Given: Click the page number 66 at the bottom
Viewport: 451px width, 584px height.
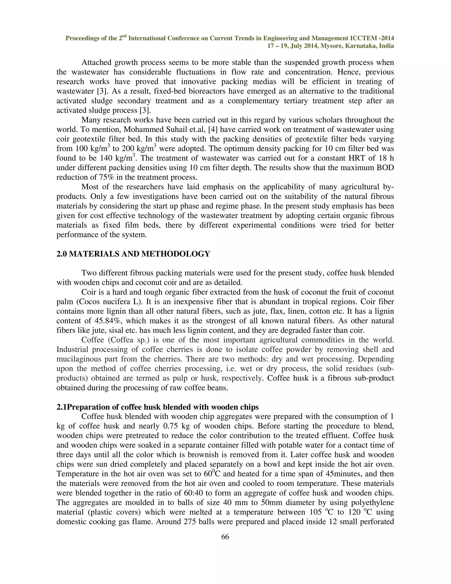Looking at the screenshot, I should click(225, 537).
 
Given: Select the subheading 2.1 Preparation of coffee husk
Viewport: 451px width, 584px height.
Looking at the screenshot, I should click(157, 407).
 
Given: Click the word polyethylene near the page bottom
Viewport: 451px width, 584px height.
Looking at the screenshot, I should click(372, 503).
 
